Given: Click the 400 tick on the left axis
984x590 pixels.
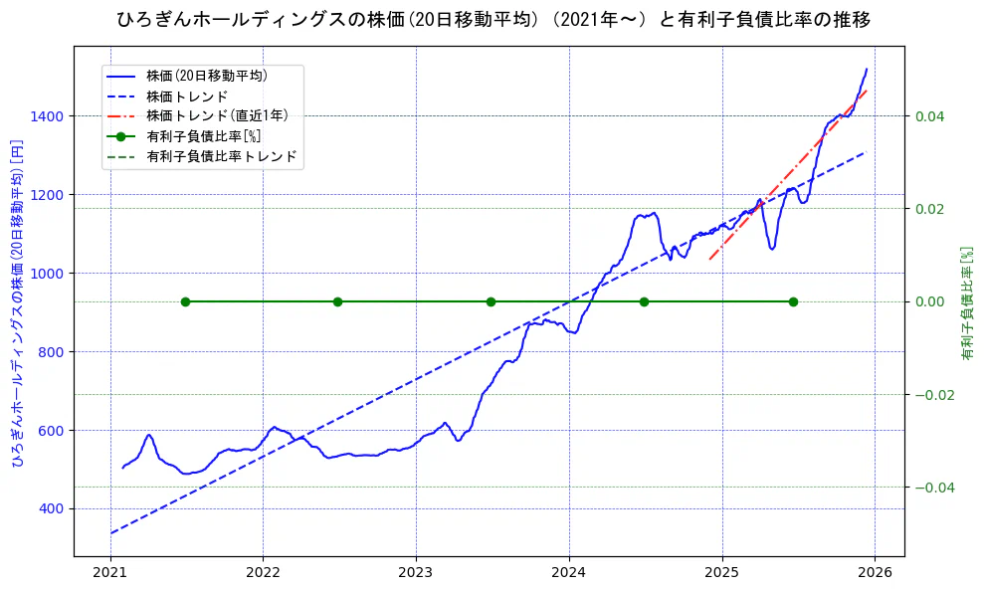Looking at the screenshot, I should click(54, 508).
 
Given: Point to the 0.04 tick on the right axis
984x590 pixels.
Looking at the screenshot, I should click(929, 116).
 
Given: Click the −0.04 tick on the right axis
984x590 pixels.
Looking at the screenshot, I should click(933, 487).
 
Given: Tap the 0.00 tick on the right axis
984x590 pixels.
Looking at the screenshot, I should click(929, 301).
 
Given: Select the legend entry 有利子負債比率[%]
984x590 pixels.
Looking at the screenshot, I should click(203, 136).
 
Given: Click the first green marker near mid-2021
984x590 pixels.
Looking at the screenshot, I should click(185, 301).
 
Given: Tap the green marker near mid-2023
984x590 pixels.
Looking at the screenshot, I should click(491, 301).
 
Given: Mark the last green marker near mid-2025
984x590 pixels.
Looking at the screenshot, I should click(793, 301).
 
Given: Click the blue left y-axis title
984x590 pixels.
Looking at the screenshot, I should click(16, 300).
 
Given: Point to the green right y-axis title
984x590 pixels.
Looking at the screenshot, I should click(965, 301).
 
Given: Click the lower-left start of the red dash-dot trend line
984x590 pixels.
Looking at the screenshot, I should click(709, 260).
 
